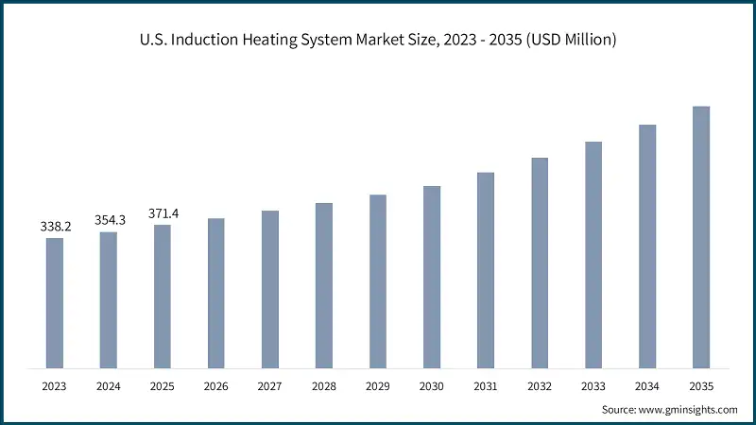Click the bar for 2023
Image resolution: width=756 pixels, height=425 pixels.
[x=55, y=302]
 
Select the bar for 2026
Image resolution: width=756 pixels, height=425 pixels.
[x=216, y=293]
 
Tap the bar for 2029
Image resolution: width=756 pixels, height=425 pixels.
[x=378, y=280]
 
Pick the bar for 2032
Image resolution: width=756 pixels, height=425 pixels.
[x=540, y=262]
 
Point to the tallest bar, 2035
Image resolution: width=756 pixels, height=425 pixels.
[x=701, y=236]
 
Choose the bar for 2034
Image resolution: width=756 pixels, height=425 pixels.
[x=647, y=246]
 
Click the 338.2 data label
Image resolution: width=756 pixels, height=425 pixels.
[x=55, y=227]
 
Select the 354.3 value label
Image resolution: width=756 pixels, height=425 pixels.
[x=109, y=220]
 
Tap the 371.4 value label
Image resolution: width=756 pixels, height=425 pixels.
[x=163, y=213]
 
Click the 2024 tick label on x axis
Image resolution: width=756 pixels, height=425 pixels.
[x=109, y=386]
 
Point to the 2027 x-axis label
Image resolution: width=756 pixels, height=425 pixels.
[x=270, y=386]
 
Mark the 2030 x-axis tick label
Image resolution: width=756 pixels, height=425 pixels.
[x=432, y=386]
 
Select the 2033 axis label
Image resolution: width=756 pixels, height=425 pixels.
[x=593, y=386]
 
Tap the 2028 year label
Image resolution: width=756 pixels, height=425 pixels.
[x=324, y=386]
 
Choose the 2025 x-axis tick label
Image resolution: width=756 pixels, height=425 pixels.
[x=163, y=386]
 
